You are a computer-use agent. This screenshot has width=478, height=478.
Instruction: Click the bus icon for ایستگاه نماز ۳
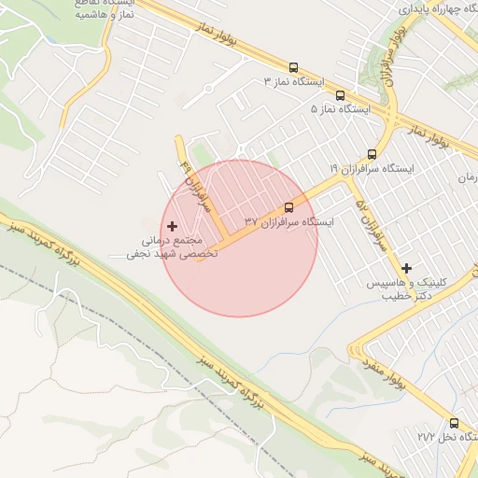[x=294, y=67]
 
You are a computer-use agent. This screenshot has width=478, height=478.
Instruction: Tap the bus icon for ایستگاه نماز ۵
[x=339, y=94]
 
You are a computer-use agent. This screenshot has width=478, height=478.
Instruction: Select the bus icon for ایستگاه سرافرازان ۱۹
[x=373, y=154]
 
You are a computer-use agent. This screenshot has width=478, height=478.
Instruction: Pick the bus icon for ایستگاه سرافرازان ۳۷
[x=288, y=207]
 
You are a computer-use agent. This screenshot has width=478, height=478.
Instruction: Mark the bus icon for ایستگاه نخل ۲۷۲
[x=454, y=423]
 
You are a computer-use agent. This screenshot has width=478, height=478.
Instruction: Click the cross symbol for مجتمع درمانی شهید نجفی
[x=172, y=226]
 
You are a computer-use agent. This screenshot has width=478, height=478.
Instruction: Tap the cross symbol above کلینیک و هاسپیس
[x=406, y=268]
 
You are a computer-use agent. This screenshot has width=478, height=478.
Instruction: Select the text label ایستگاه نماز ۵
[x=341, y=109]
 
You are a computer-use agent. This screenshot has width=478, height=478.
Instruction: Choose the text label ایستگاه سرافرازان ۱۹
[x=371, y=168]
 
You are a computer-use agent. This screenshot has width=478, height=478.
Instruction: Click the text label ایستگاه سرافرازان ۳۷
[x=288, y=222]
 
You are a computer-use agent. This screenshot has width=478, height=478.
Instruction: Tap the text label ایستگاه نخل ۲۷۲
[x=439, y=437]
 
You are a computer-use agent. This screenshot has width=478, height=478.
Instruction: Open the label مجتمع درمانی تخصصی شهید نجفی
[x=173, y=246]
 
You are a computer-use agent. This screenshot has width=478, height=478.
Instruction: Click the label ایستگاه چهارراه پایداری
[x=439, y=7]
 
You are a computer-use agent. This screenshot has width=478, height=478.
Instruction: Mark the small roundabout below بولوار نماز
[x=209, y=90]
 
